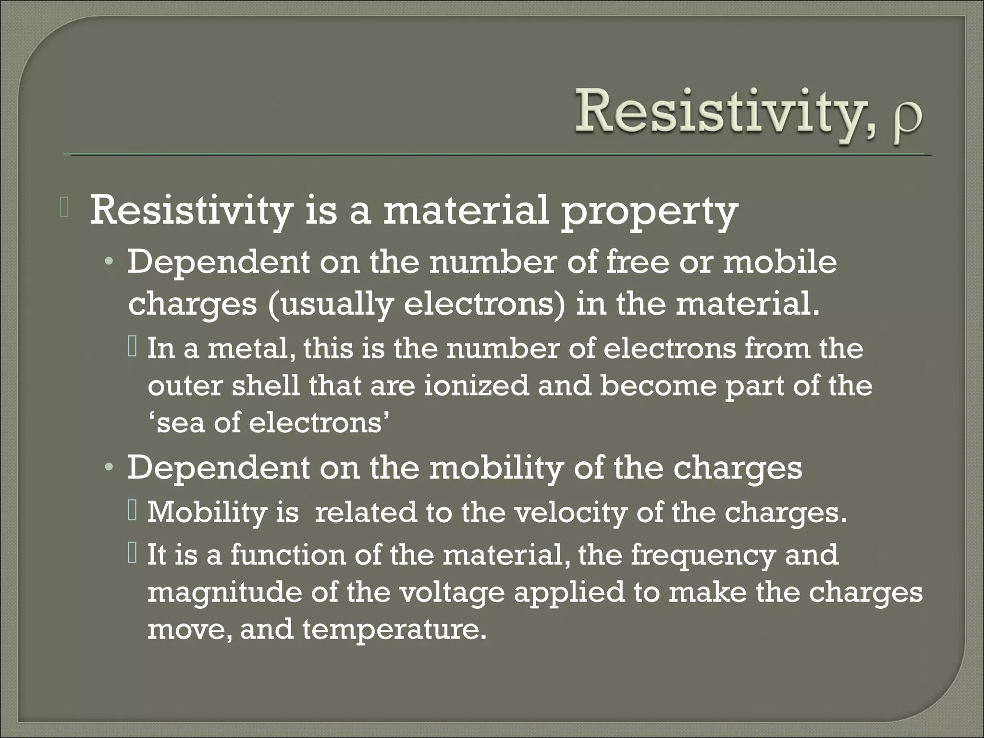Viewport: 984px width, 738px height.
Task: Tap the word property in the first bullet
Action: click(x=649, y=212)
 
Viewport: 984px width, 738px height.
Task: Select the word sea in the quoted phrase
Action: click(x=180, y=423)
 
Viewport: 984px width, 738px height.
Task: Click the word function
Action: click(x=288, y=554)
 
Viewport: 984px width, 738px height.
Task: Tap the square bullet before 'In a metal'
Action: click(x=133, y=347)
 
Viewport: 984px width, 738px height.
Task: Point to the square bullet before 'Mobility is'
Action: click(x=133, y=512)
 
